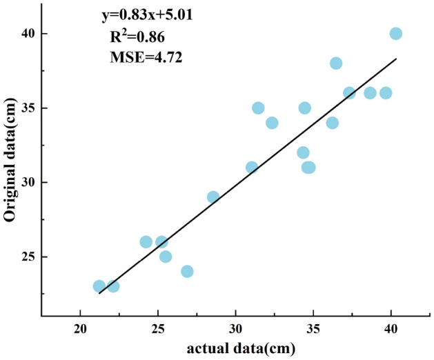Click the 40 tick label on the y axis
coord(26,34)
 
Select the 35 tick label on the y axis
coord(26,108)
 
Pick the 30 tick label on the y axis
coord(26,183)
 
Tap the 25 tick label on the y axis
coord(26,257)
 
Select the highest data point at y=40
coord(395,34)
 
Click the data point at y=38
coord(336,63)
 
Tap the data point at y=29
coord(213,197)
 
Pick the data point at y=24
coord(187,272)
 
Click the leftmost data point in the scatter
coord(99,286)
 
